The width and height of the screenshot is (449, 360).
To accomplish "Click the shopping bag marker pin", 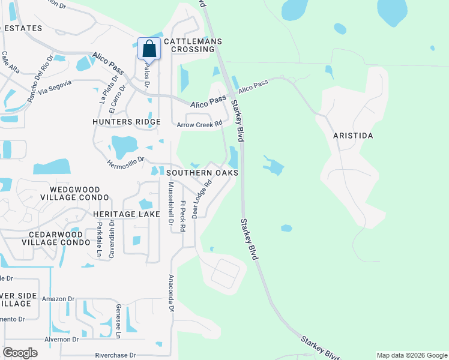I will pos(149,49).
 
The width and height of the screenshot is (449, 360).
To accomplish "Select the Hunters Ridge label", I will pos(127,122).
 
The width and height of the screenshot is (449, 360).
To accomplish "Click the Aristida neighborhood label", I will pos(353,136).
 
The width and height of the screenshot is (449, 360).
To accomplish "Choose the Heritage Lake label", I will pos(127,214).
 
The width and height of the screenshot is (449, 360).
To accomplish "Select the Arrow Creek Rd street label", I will pos(200,124).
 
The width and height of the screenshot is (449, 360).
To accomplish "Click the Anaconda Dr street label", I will pos(171,293).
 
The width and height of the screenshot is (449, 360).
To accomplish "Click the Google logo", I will pos(20,353).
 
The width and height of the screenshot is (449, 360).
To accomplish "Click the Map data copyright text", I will pos(411,355).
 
